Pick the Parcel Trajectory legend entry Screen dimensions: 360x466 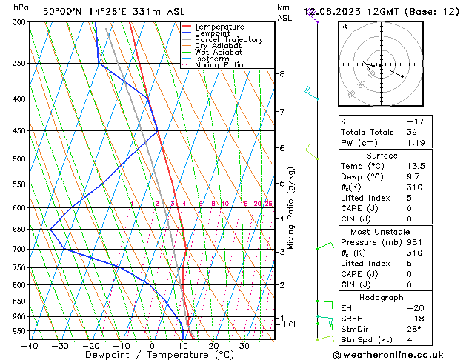228,40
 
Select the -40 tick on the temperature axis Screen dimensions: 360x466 30,345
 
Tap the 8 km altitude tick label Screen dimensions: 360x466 282,74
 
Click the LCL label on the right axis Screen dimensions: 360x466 290,324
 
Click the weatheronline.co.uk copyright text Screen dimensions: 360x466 399,354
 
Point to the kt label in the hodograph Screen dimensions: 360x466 344,27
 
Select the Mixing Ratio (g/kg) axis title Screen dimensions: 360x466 291,207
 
